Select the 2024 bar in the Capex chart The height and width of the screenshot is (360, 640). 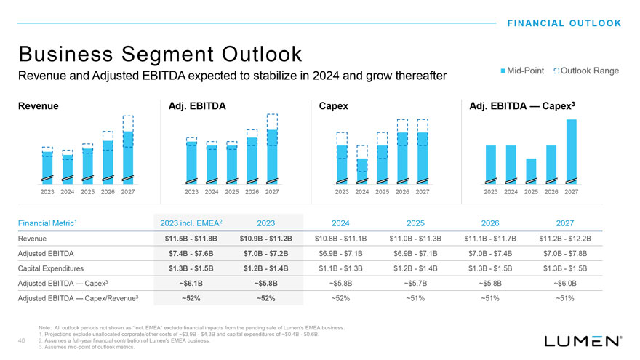[x=362, y=169]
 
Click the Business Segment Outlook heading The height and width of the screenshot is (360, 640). [x=160, y=54]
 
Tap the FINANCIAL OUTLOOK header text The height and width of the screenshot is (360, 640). [x=564, y=23]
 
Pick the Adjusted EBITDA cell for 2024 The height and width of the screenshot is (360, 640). [x=340, y=255]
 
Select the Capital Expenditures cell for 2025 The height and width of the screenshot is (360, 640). [x=415, y=272]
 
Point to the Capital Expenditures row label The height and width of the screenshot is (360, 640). [x=52, y=272]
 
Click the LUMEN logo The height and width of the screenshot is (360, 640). [x=583, y=340]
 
